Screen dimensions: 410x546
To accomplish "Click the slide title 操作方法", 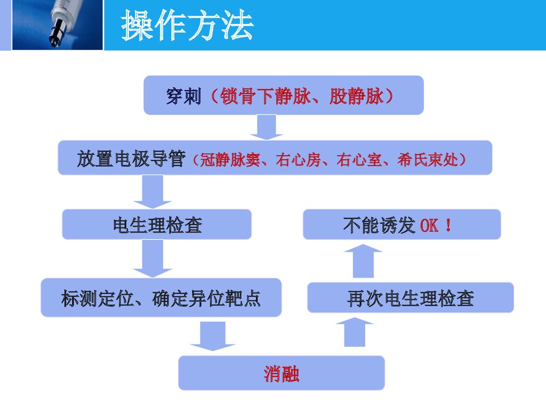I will coord(187,26).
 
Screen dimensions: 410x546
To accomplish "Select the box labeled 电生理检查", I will coord(157,224).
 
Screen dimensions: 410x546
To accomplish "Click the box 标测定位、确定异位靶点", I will coord(161,298).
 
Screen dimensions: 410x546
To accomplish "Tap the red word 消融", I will coord(281,374).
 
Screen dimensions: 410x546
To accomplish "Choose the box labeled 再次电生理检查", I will coord(410,298).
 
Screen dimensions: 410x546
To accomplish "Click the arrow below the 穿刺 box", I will coord(266,127).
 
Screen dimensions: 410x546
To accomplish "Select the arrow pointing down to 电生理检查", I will coord(152,191).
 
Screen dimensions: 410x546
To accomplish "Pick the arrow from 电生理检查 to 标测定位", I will coord(152,258).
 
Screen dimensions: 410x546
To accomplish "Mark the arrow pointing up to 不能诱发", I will coord(364,261).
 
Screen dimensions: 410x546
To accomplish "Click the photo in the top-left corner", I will coord(57,25).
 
